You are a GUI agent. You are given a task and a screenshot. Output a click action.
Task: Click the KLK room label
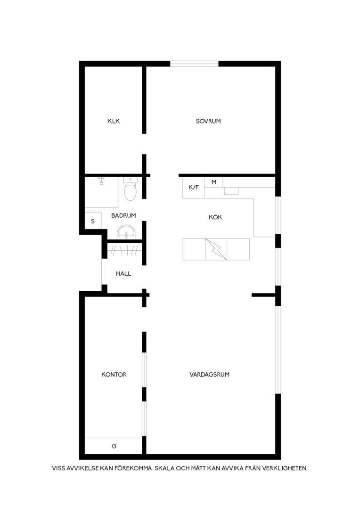click(114, 121)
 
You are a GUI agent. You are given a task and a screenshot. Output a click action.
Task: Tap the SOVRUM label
click(208, 121)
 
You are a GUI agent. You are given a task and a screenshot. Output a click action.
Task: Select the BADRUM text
click(123, 215)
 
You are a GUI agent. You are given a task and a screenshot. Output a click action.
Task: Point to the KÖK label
click(215, 217)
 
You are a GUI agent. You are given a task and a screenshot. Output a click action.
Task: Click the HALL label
click(123, 274)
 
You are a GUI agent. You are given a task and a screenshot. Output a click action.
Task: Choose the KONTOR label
click(114, 375)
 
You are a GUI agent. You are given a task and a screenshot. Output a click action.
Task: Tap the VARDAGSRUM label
click(209, 375)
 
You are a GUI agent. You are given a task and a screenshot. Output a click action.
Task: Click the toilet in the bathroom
click(131, 189)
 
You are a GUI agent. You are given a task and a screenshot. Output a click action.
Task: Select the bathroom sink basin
click(126, 232)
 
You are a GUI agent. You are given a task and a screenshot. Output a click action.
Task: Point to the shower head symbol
click(101, 181)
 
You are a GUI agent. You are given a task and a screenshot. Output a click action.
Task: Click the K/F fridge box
click(194, 187)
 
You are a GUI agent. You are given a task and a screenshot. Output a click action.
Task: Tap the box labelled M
click(213, 182)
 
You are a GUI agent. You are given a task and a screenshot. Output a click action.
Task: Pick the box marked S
click(93, 221)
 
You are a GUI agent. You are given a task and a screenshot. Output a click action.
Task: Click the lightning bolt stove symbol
click(216, 249)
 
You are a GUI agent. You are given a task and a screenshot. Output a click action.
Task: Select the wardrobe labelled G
click(114, 446)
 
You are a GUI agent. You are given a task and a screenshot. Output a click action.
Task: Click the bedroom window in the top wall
click(195, 64)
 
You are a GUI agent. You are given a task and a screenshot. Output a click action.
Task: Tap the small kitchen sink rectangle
click(231, 191)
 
